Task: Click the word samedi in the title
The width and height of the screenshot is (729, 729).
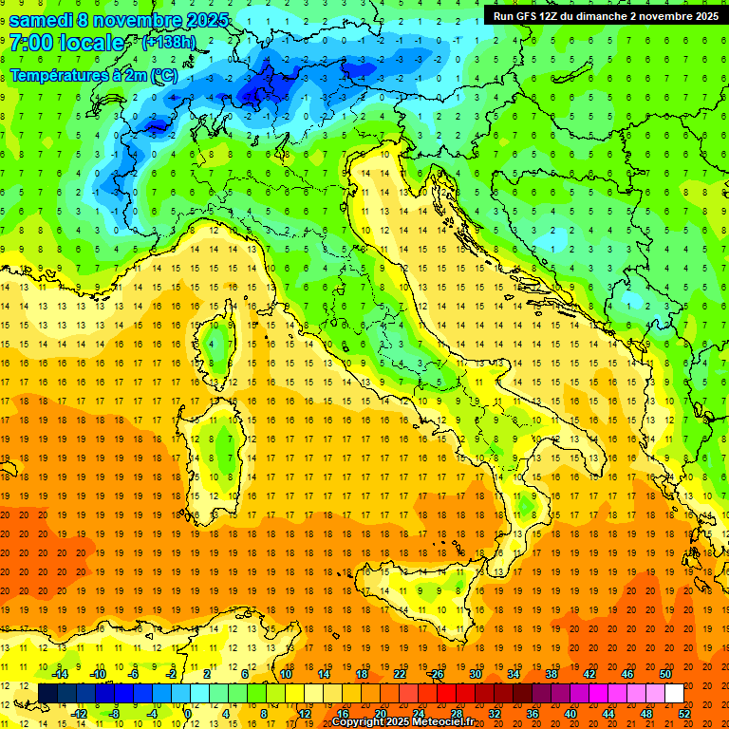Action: point(42,20)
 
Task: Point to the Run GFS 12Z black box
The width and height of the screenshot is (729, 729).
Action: point(605,15)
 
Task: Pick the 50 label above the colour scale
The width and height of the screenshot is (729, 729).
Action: point(664,674)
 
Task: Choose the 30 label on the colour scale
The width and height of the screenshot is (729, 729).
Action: point(475,674)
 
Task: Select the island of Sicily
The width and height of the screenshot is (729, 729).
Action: point(427,593)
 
